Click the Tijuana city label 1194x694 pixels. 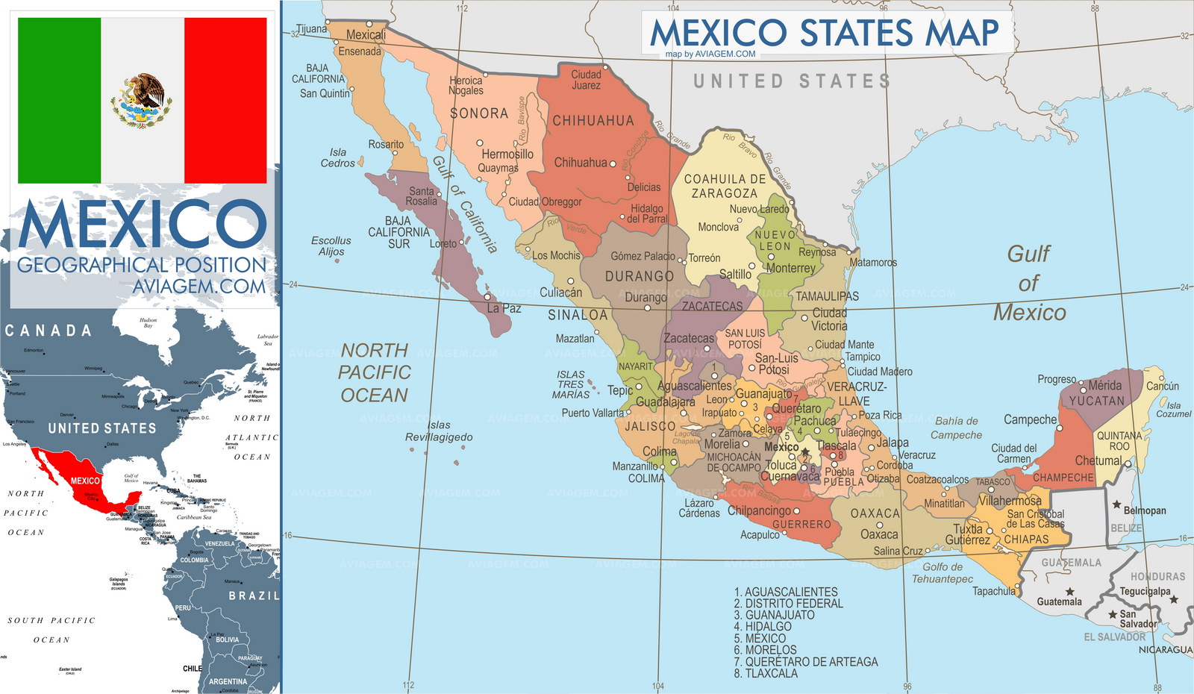click(311, 29)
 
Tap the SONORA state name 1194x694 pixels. click(478, 113)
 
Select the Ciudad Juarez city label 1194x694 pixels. click(586, 80)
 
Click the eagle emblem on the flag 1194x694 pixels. click(142, 101)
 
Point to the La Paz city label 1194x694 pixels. click(504, 308)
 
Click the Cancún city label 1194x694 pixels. click(1162, 386)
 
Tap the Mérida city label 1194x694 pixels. click(1104, 386)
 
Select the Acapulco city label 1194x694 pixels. click(760, 535)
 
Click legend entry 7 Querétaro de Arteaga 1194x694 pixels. click(806, 662)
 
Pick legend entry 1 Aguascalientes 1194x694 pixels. click(786, 592)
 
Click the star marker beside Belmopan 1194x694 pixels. click(1116, 505)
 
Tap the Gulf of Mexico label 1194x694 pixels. click(1029, 284)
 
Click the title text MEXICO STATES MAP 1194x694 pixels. click(825, 33)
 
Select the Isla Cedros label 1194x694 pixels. click(337, 157)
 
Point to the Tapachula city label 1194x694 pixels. click(993, 591)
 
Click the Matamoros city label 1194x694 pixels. click(872, 263)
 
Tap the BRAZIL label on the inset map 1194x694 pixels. click(253, 595)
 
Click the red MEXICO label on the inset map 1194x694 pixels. click(84, 481)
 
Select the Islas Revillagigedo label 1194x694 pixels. click(439, 431)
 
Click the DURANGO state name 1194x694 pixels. click(639, 276)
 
